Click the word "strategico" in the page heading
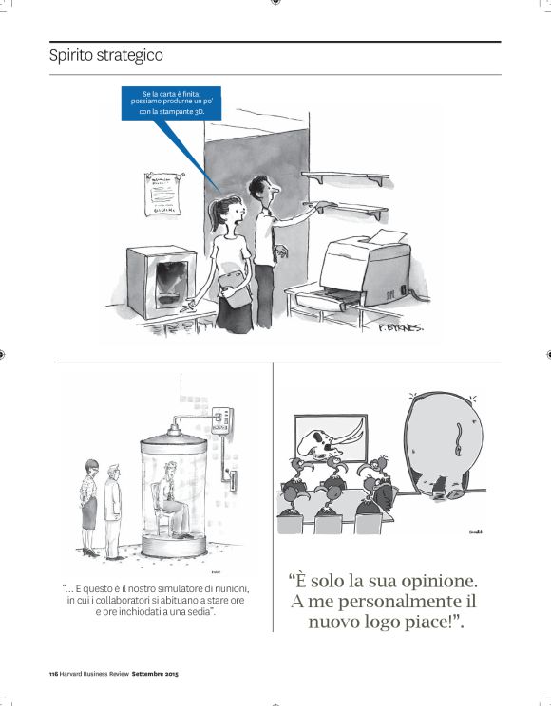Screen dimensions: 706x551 click(132, 56)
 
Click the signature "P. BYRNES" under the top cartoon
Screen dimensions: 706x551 click(399, 328)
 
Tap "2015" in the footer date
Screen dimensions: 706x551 click(170, 674)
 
